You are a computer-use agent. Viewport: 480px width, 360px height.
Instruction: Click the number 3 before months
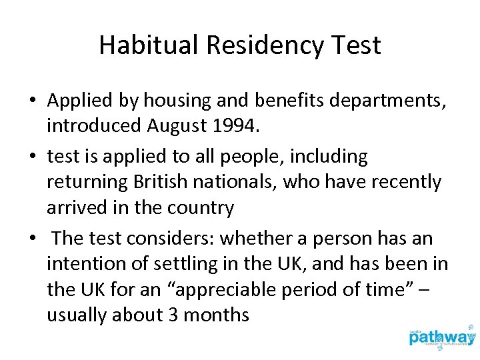pyautogui.click(x=173, y=315)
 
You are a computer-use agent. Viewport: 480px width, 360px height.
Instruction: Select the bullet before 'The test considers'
pyautogui.click(x=32, y=239)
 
